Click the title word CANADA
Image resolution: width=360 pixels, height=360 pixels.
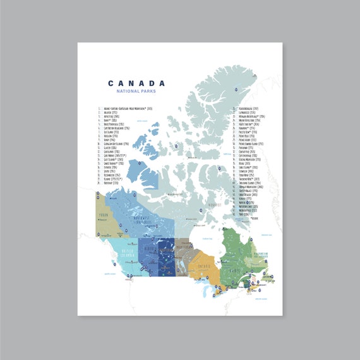tap(136, 83)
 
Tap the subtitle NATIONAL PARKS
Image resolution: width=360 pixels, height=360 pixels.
tap(136, 92)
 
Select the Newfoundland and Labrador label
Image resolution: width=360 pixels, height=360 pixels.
tap(261, 253)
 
